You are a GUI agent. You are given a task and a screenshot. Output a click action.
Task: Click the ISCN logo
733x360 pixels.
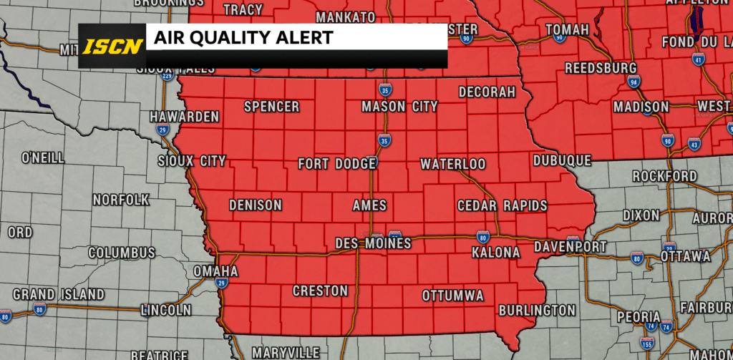coord(111,47)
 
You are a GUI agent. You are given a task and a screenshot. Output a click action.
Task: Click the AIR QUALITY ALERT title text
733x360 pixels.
coord(243,38)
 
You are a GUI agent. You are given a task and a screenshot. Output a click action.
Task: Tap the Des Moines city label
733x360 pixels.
coord(374,244)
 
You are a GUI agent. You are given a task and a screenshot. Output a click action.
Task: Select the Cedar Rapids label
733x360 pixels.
coord(502,206)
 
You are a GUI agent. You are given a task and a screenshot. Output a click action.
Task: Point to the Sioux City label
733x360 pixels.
coord(191,161)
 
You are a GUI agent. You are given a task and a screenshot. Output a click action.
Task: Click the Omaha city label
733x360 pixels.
coord(215,271)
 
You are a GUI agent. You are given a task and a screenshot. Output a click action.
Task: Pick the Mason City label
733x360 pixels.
coord(399,107)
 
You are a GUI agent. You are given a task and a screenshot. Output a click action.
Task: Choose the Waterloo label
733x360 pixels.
coord(452,164)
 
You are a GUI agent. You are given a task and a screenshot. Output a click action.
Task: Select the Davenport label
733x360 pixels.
coord(571,247)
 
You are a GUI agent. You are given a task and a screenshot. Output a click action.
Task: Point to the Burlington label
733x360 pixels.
coord(536,311)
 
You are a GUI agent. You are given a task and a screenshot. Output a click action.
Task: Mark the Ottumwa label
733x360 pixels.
coord(452,296)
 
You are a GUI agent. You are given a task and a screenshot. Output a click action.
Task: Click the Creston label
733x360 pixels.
coord(320,291)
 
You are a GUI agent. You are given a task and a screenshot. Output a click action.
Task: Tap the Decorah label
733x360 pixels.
coord(487,92)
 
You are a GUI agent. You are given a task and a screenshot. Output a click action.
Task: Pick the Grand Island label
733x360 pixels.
coord(59,295)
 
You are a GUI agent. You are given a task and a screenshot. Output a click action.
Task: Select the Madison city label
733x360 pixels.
coord(641,107)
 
